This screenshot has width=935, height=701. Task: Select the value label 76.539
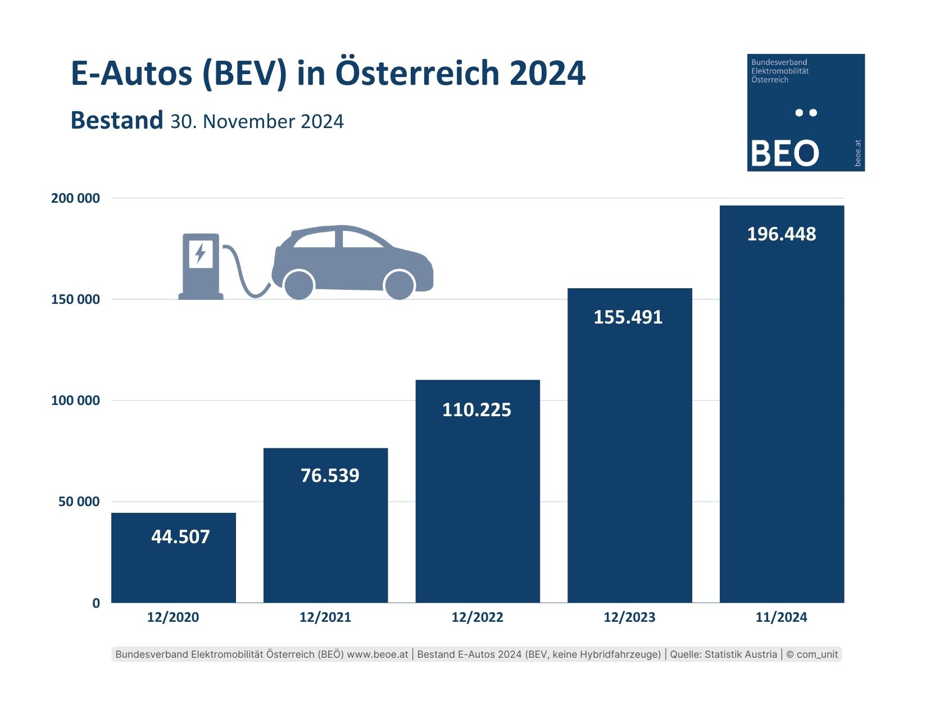pos(330,476)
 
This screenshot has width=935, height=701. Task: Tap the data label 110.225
pos(476,410)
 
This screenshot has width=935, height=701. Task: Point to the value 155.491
pos(628,317)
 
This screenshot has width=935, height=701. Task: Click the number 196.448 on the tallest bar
pos(781,234)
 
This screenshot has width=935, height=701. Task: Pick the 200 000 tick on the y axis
pos(75,198)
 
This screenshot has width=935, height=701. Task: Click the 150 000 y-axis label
pos(75,299)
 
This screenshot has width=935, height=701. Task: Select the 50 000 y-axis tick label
pos(79,502)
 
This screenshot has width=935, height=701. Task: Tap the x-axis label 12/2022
pos(477,617)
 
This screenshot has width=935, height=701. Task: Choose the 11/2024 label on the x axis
pos(781,617)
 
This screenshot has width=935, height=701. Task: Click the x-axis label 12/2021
pos(325,617)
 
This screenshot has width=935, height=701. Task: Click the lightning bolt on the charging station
pos(200,253)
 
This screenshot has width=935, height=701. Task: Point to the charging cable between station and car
pos(243,275)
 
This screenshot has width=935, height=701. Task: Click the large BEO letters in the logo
pos(784,153)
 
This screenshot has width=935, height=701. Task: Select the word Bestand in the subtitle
pos(116,121)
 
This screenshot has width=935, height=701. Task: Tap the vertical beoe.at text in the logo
pos(857,153)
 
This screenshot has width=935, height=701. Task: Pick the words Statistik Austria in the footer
pos(741,654)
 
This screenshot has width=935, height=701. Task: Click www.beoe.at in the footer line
pos(378,654)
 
